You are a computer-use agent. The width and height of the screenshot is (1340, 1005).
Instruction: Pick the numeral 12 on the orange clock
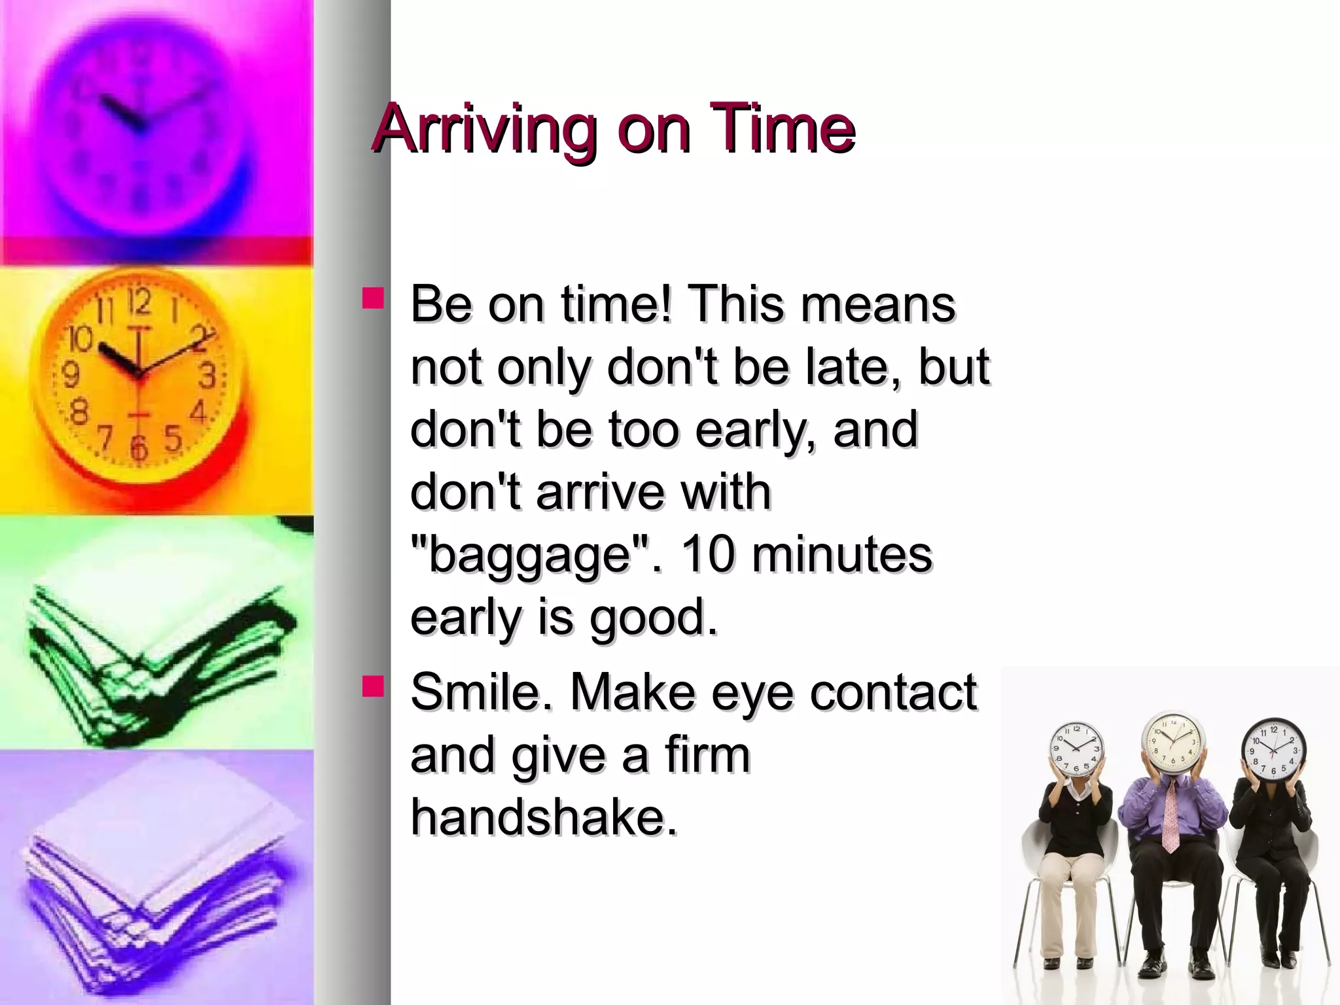point(139,302)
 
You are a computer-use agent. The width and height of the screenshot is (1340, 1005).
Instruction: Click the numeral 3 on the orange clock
point(207,376)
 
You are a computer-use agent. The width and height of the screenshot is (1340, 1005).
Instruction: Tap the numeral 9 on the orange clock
point(70,375)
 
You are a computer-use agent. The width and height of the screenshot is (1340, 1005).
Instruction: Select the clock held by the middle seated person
point(1172,742)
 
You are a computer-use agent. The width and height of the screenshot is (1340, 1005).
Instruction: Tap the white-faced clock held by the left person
point(1076,750)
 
